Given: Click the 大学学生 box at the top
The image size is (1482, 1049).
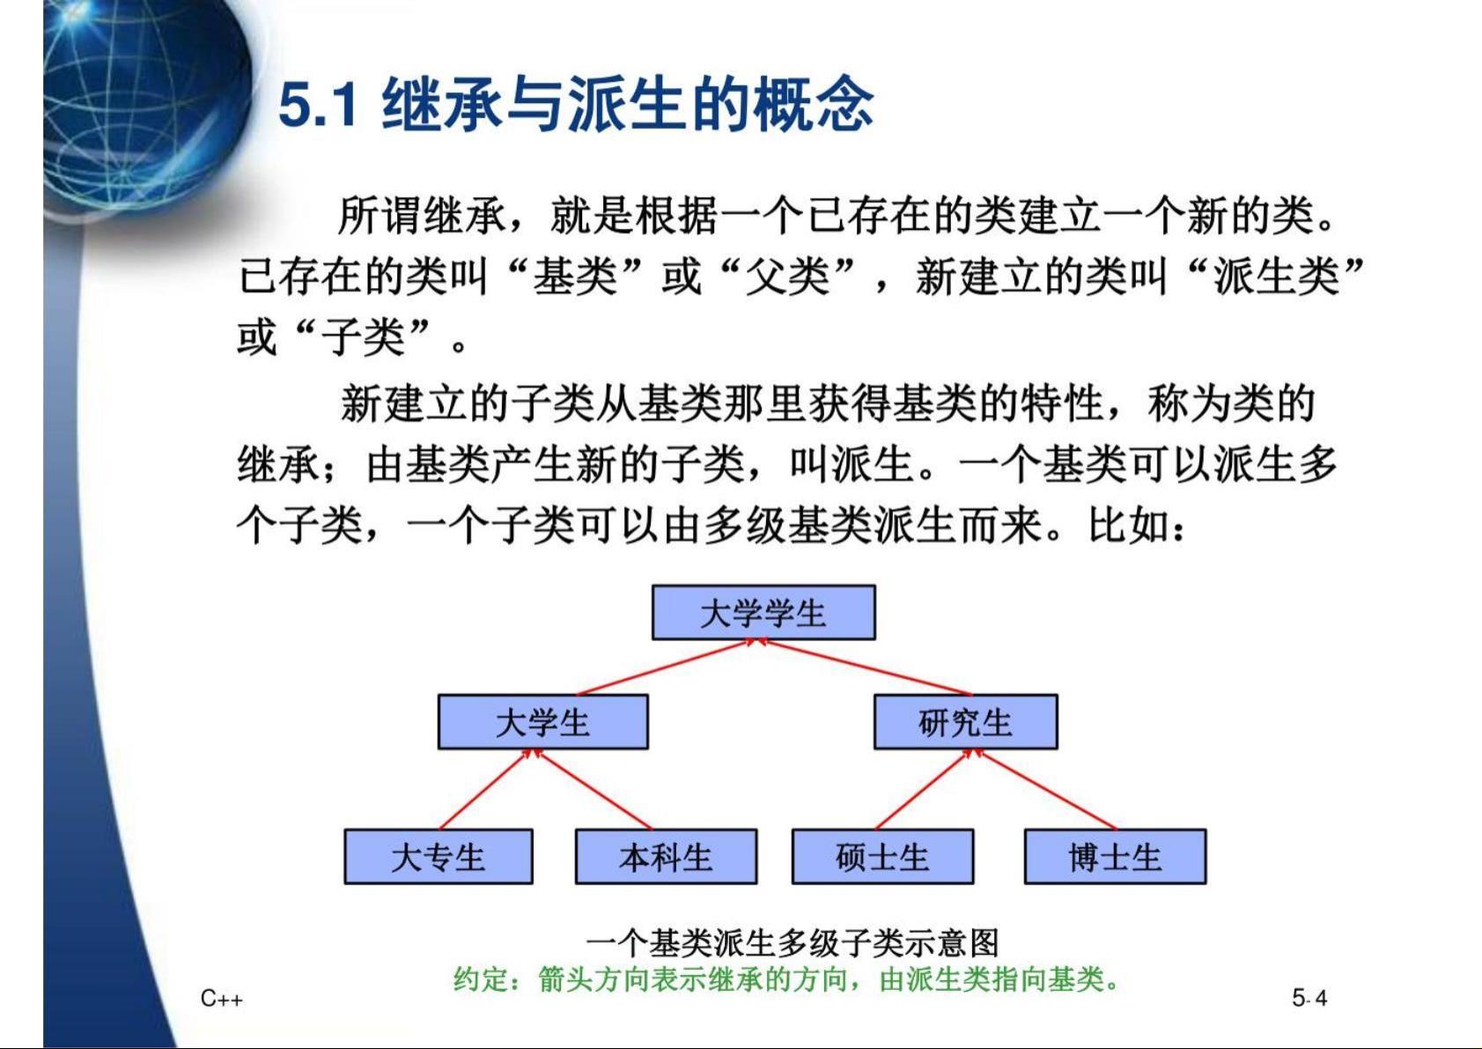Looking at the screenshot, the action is [x=763, y=612].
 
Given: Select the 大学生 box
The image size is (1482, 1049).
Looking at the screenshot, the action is [x=542, y=721].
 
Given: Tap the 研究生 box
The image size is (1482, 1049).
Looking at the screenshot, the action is [x=965, y=721].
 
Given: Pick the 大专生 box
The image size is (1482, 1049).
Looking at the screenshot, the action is [x=438, y=856].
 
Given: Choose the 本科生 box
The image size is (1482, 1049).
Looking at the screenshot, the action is [x=666, y=856].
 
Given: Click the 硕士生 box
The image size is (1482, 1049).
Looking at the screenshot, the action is [x=882, y=856].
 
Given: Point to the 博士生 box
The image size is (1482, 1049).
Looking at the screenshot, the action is [x=1115, y=856].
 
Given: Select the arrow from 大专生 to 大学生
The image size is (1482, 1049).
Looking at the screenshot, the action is [x=486, y=789].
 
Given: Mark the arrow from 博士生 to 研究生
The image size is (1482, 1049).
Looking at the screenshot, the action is [x=1045, y=789].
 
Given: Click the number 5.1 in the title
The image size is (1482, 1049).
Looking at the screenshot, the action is [x=319, y=106].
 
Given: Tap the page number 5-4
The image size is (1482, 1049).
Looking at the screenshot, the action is [x=1309, y=998].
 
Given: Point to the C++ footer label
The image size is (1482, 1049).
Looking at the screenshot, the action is [x=222, y=998].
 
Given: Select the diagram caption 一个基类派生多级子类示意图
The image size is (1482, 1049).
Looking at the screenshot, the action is [x=792, y=942].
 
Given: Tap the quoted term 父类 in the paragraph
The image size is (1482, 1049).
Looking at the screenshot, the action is [x=786, y=276].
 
